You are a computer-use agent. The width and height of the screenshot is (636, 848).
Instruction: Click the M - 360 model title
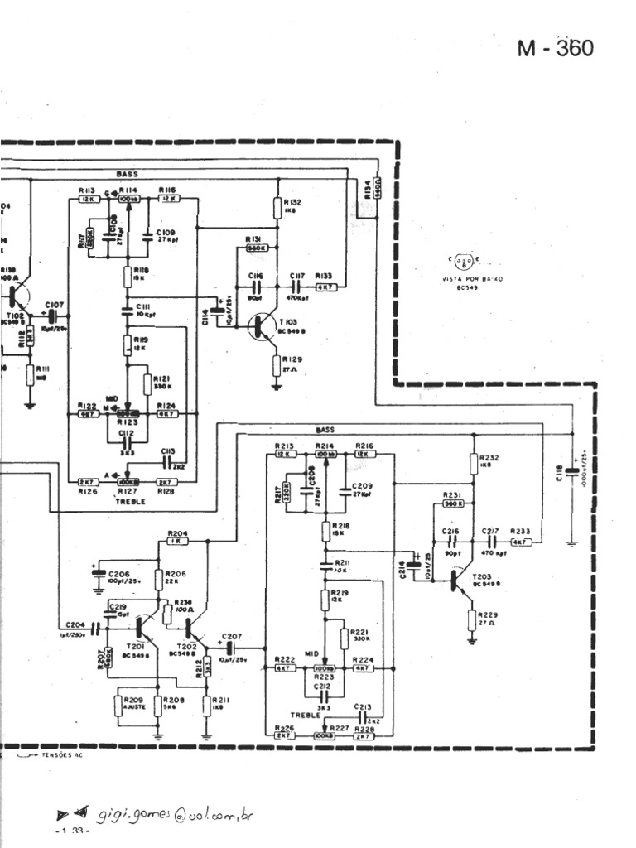pyautogui.click(x=555, y=48)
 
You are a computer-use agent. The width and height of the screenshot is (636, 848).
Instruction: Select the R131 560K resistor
pyautogui.click(x=256, y=248)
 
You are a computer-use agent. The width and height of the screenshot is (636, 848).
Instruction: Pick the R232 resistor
pyautogui.click(x=472, y=462)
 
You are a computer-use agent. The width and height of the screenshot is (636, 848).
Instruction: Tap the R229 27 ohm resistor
pyautogui.click(x=472, y=619)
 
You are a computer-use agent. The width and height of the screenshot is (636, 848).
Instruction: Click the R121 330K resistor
pyautogui.click(x=147, y=384)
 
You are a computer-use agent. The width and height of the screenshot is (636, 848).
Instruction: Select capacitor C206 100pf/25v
pyautogui.click(x=98, y=571)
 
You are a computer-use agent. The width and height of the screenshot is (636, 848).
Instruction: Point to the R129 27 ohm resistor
pyautogui.click(x=277, y=364)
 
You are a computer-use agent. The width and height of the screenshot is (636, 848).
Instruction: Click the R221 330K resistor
pyautogui.click(x=343, y=638)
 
